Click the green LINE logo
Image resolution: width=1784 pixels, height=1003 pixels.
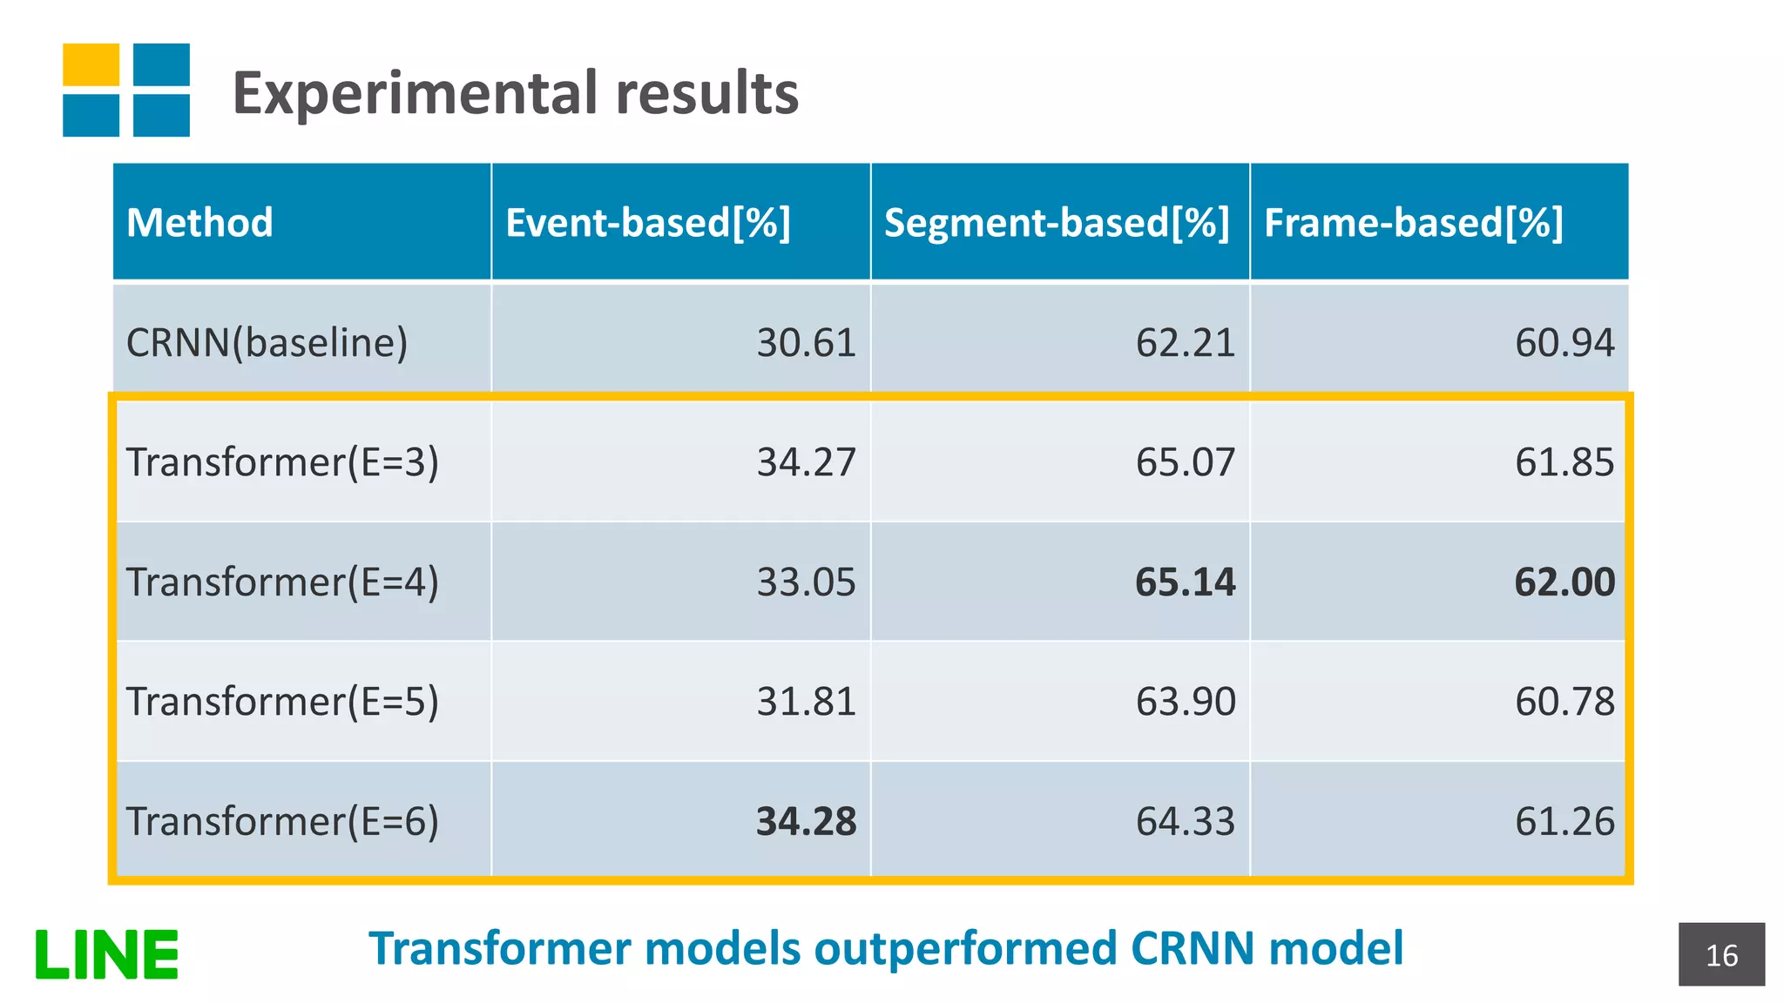pyautogui.click(x=106, y=954)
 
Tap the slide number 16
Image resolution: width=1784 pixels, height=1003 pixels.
pyautogui.click(x=1721, y=955)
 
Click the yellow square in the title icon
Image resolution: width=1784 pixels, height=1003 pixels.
pyautogui.click(x=91, y=64)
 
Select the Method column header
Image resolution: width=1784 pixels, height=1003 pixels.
pyautogui.click(x=199, y=223)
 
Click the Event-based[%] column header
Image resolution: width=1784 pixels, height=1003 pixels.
pyautogui.click(x=648, y=223)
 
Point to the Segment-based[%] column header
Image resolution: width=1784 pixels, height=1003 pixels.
pyautogui.click(x=1057, y=223)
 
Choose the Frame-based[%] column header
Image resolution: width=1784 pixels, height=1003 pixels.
pyautogui.click(x=1413, y=223)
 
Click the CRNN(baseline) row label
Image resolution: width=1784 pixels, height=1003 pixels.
pyautogui.click(x=267, y=342)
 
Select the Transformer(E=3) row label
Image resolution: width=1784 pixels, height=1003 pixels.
pyautogui.click(x=282, y=461)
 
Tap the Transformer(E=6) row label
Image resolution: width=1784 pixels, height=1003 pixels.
pyautogui.click(x=282, y=821)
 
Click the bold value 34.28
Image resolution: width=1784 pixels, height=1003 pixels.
pyautogui.click(x=806, y=821)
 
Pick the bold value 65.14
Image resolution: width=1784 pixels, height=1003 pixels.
pyautogui.click(x=1185, y=582)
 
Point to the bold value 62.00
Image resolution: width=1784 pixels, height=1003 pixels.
pyautogui.click(x=1564, y=582)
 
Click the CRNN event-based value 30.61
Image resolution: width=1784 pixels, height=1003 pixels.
pyautogui.click(x=806, y=342)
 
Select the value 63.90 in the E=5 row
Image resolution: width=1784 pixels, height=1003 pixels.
pyautogui.click(x=1185, y=702)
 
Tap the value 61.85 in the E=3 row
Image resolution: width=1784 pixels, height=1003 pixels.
pyautogui.click(x=1564, y=461)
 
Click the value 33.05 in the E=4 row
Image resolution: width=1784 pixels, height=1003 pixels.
pyautogui.click(x=806, y=582)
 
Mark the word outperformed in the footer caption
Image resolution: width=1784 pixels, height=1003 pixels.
pyautogui.click(x=964, y=948)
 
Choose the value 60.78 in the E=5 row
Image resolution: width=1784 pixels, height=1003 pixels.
pyautogui.click(x=1564, y=702)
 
